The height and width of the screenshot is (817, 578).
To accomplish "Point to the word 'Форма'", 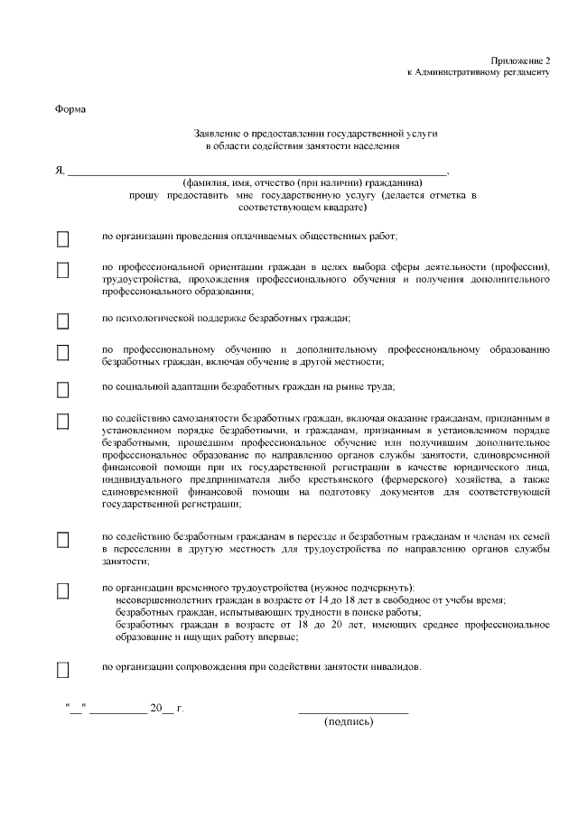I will [x=70, y=109].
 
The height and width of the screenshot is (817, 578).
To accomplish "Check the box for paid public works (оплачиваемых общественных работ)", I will [x=63, y=239].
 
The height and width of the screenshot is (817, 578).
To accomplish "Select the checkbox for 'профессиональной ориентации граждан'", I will [x=63, y=270].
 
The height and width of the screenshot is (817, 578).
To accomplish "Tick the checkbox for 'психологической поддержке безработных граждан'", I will [x=63, y=320].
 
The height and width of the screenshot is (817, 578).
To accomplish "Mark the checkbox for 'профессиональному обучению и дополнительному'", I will [x=63, y=352].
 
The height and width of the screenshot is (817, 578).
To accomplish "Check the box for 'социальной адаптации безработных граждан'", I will [x=63, y=390].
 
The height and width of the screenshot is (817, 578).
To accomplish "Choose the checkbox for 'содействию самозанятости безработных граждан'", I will [x=63, y=422].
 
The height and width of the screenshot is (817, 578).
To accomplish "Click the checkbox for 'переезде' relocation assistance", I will [x=63, y=539].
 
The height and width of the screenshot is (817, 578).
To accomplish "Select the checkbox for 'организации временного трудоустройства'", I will [x=63, y=590].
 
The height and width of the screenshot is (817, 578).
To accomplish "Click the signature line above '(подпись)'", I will [x=353, y=712].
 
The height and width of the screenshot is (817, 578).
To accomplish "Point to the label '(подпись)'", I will [x=349, y=722].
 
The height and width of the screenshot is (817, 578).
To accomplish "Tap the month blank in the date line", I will [x=117, y=711].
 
